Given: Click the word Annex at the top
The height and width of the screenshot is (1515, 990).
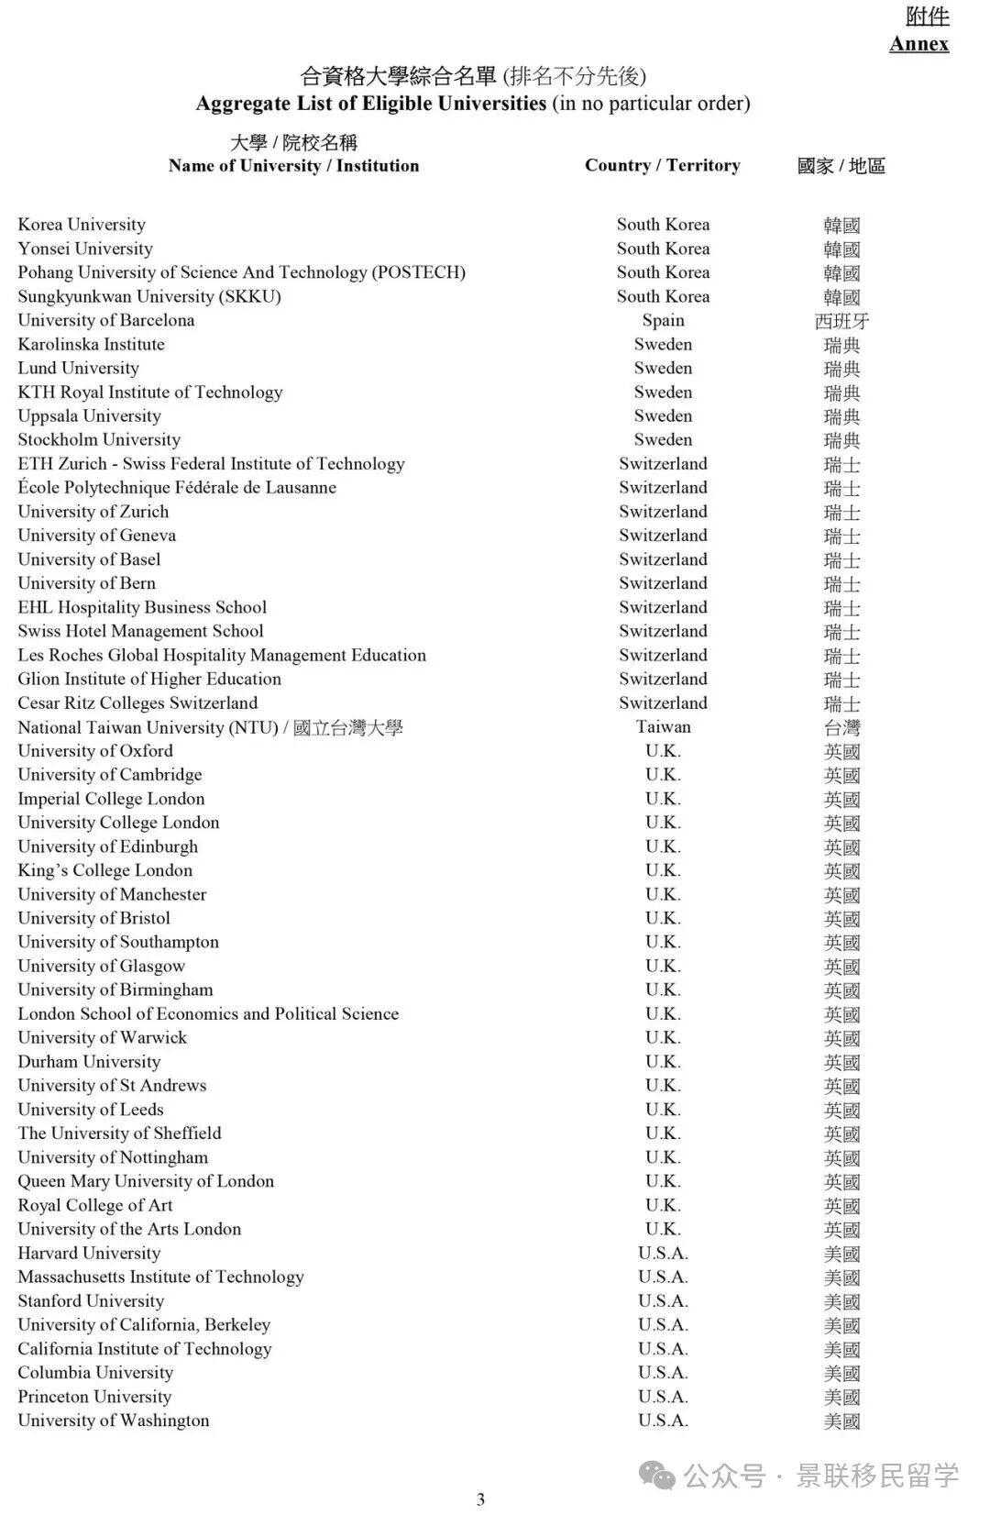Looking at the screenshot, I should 918,44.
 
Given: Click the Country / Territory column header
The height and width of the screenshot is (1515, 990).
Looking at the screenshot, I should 662,165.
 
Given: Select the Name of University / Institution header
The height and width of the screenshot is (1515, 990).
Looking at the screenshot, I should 293,165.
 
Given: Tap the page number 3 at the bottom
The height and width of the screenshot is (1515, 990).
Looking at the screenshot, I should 480,1498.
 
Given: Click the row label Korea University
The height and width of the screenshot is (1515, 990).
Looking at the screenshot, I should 82,225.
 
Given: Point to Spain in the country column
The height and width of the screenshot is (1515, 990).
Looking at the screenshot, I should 663,320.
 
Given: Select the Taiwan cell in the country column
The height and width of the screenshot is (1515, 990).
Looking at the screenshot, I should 663,726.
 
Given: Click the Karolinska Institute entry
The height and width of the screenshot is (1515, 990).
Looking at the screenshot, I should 91,344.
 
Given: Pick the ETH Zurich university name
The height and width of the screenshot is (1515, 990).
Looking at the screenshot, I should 211,463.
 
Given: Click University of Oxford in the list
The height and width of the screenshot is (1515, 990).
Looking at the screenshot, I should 95,750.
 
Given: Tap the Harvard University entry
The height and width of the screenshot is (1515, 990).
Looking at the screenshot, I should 89,1253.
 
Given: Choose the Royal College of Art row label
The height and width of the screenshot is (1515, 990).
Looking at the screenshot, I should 95,1205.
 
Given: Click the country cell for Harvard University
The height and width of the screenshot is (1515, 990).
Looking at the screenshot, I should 663,1253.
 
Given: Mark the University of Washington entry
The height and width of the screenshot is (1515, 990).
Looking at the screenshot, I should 114,1421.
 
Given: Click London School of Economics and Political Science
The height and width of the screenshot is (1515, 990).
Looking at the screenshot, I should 208,1013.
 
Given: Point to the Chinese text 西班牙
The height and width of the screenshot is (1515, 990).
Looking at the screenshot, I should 841,321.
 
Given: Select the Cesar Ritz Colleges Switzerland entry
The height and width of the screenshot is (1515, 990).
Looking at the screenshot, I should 137,702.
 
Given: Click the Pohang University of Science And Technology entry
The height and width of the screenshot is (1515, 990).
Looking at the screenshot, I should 241,272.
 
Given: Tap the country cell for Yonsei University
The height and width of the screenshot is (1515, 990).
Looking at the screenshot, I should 663,249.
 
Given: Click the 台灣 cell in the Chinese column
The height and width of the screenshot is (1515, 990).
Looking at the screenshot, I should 841,728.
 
